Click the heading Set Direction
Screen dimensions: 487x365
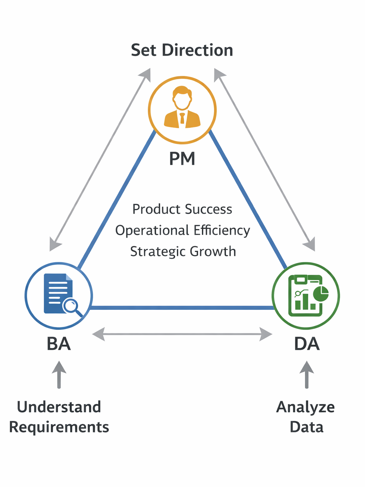coord(182,51)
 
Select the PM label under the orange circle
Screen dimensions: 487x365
coord(182,158)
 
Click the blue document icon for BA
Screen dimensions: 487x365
coord(58,293)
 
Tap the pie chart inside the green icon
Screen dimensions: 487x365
coord(321,294)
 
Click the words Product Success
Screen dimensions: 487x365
coord(182,209)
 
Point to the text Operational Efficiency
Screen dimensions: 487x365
coord(182,230)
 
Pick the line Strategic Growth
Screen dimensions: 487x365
coord(183,251)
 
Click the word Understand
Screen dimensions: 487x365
coord(59,407)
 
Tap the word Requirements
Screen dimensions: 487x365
coord(59,427)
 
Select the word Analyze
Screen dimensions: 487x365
coord(306,407)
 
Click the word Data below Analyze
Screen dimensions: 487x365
coord(307,427)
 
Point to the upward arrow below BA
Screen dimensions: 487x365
coord(59,374)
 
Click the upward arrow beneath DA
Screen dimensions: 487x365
coord(307,374)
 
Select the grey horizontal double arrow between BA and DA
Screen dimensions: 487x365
coord(182,334)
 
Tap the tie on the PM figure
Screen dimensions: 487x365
coord(182,118)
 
